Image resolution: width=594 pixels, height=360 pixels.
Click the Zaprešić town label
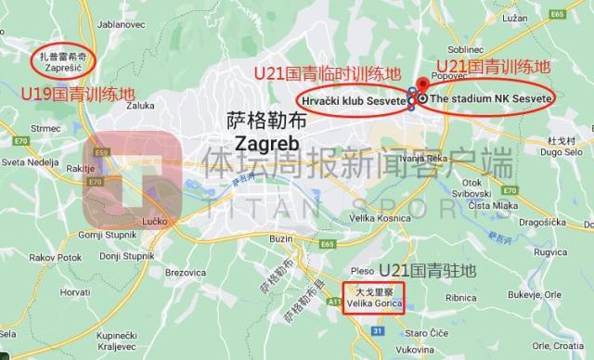[x=65, y=68]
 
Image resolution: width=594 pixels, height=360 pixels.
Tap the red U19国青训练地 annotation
[x=78, y=95]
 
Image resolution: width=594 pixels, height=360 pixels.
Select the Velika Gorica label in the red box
[x=375, y=301]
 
